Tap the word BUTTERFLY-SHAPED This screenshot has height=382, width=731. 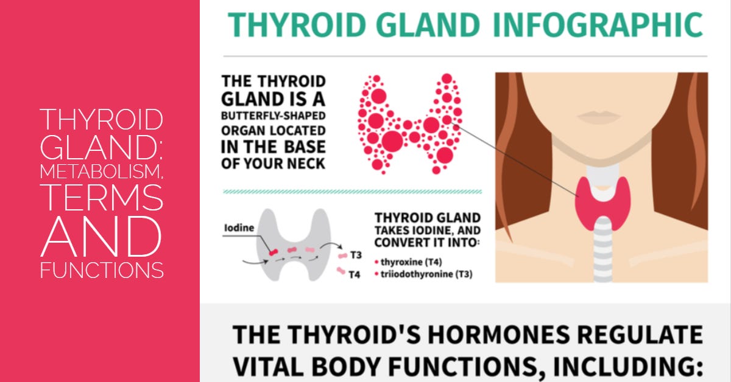click(273, 116)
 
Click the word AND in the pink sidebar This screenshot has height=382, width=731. click(101, 236)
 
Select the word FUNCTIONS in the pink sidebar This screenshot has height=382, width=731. click(101, 269)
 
